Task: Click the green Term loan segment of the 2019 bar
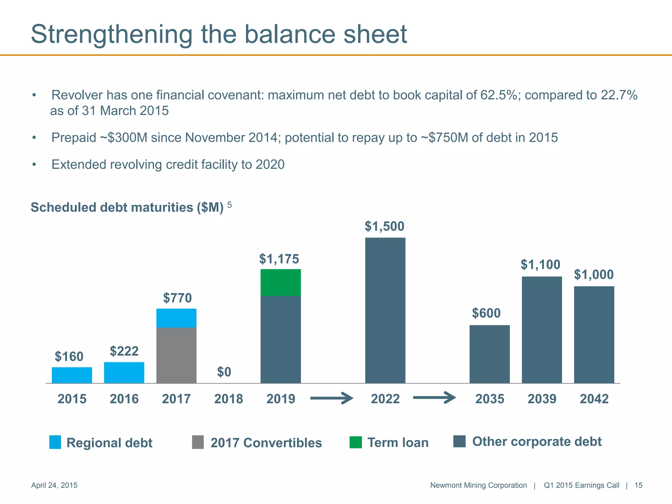click(281, 283)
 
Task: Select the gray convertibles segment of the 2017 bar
click(176, 355)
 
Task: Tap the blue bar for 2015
click(72, 375)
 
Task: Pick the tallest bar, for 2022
click(385, 310)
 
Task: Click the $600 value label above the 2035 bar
click(486, 313)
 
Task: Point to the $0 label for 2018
click(224, 372)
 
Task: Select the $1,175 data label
click(279, 259)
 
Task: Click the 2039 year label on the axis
click(542, 399)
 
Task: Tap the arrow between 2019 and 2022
click(331, 398)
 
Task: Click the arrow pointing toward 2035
click(434, 398)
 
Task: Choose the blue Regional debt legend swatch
click(55, 442)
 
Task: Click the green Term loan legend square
click(355, 442)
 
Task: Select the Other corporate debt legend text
click(536, 441)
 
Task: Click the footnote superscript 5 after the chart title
click(229, 205)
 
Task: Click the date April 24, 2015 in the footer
click(54, 485)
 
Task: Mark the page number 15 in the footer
click(638, 485)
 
